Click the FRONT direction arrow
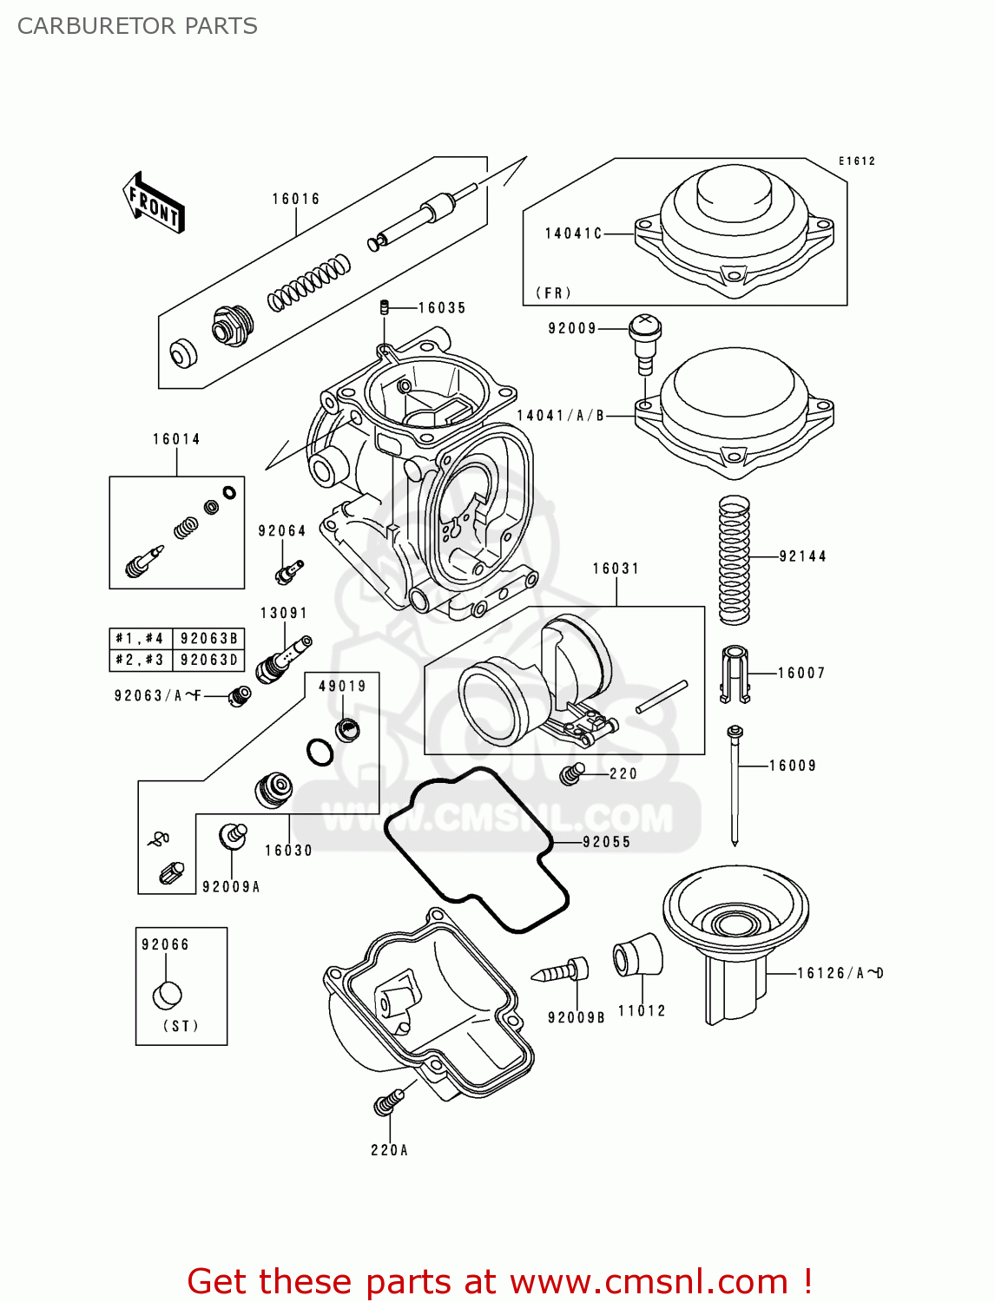click(154, 202)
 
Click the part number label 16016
click(296, 199)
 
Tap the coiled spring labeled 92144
click(734, 560)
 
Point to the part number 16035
click(442, 308)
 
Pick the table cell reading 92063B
click(208, 639)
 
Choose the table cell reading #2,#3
click(141, 661)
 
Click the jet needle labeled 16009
click(735, 786)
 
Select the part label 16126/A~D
click(840, 973)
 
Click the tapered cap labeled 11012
click(638, 955)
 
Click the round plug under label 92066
click(168, 996)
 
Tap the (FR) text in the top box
click(553, 293)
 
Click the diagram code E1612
click(856, 161)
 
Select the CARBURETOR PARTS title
click(137, 26)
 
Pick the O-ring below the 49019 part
click(320, 752)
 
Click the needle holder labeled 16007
click(735, 674)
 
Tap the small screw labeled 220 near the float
click(571, 773)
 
